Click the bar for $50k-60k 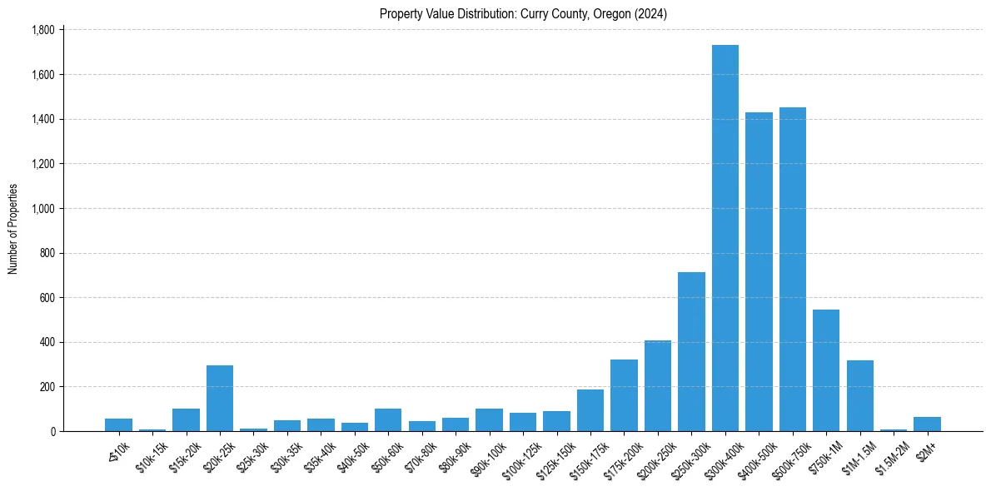coord(388,419)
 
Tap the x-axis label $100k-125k coord(520,459)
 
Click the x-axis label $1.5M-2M coord(890,457)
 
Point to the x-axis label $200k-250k coord(655,459)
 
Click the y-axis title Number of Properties coord(12,230)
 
